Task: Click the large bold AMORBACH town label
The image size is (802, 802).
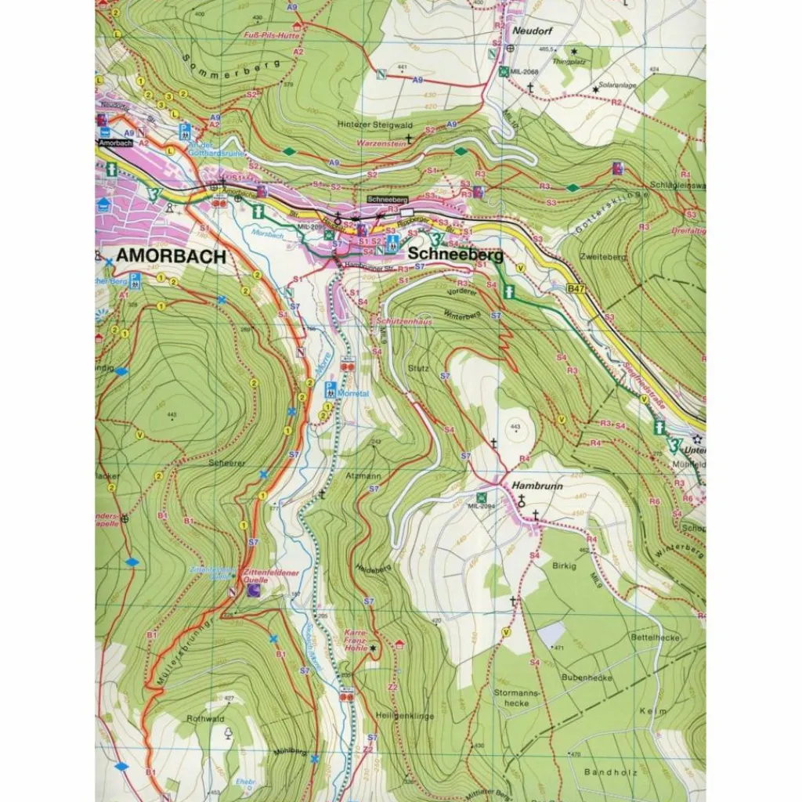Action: click(x=172, y=256)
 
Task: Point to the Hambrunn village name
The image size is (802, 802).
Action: click(x=534, y=486)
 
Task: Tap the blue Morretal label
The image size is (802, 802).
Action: click(x=352, y=394)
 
